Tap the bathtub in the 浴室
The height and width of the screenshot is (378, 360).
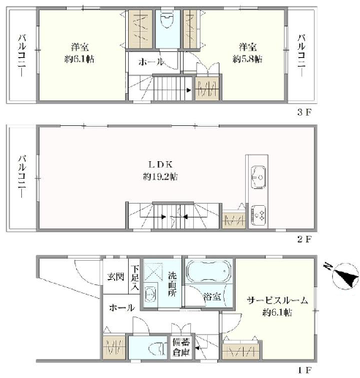click(209, 270)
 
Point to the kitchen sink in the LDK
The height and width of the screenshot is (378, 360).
click(258, 177)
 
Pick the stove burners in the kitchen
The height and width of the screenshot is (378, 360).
click(258, 215)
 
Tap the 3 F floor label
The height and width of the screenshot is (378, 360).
click(304, 112)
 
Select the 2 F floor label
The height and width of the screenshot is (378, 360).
click(304, 240)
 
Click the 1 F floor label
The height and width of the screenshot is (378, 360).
click(304, 371)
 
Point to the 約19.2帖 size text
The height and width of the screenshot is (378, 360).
click(160, 177)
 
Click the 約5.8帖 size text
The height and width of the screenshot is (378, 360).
click(247, 59)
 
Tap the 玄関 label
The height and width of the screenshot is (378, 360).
click(116, 277)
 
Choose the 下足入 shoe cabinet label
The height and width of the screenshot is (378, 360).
click(135, 278)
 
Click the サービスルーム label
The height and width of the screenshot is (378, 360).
click(277, 300)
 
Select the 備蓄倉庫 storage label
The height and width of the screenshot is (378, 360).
click(181, 347)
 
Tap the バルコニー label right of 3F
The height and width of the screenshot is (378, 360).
click(301, 56)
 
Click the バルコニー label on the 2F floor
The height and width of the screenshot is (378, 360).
click(22, 176)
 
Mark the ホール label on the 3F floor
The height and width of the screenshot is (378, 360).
click(151, 62)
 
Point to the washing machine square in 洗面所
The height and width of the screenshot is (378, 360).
click(152, 272)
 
